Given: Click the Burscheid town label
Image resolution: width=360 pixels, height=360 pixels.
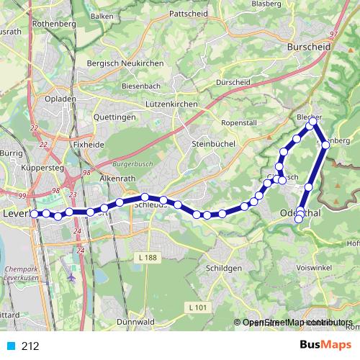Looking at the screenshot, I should coord(307,47).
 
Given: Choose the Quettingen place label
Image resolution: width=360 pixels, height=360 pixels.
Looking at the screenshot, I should coord(114,117).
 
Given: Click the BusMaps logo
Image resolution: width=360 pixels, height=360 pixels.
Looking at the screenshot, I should coord(325,345).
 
